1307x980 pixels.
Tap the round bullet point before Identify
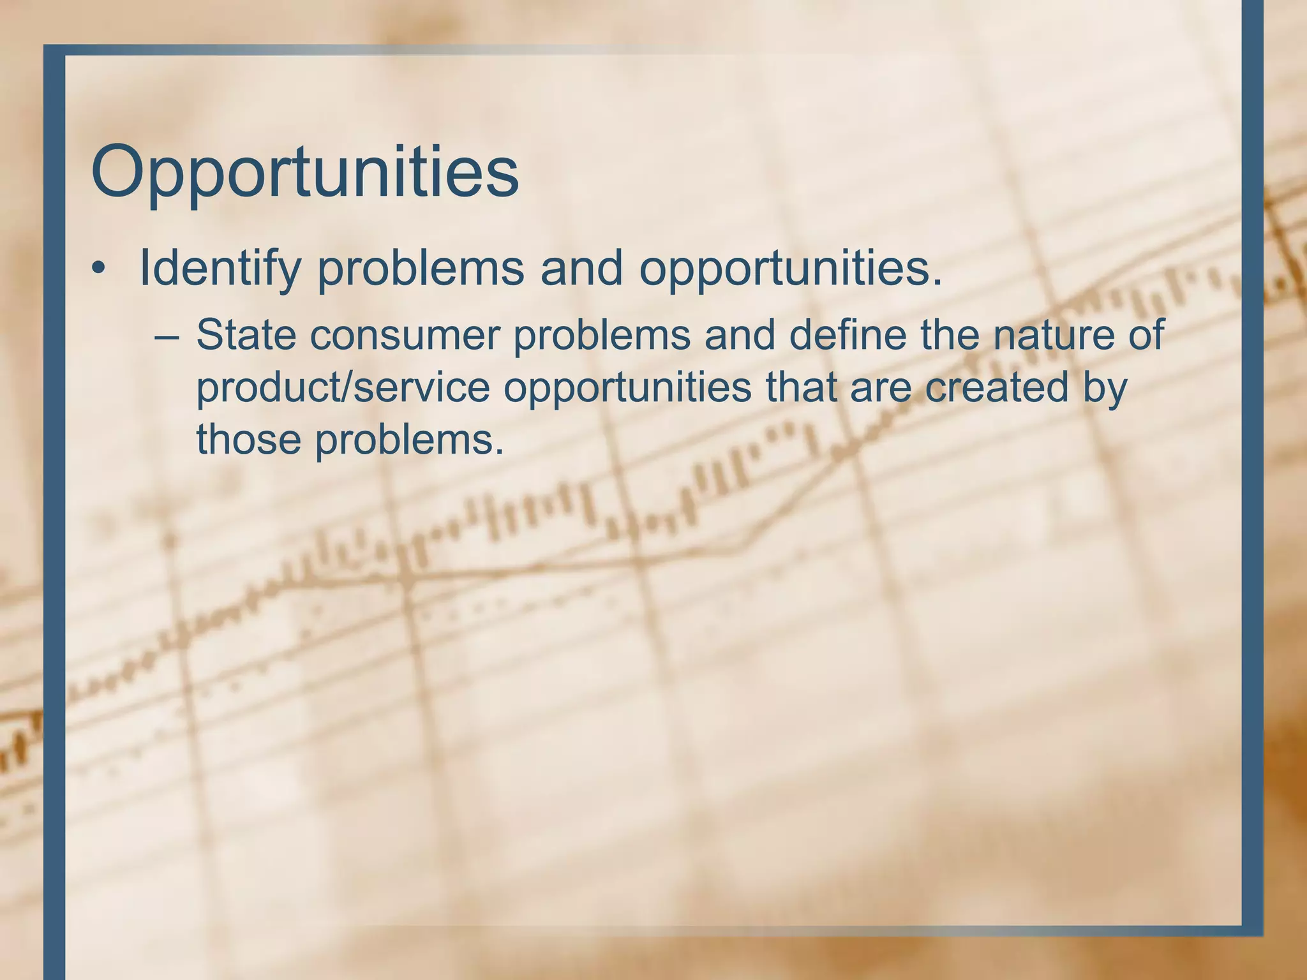[98, 269]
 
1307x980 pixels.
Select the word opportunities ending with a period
[791, 268]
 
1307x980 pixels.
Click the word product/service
[343, 387]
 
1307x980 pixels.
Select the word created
[996, 387]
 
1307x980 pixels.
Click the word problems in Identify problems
[421, 268]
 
